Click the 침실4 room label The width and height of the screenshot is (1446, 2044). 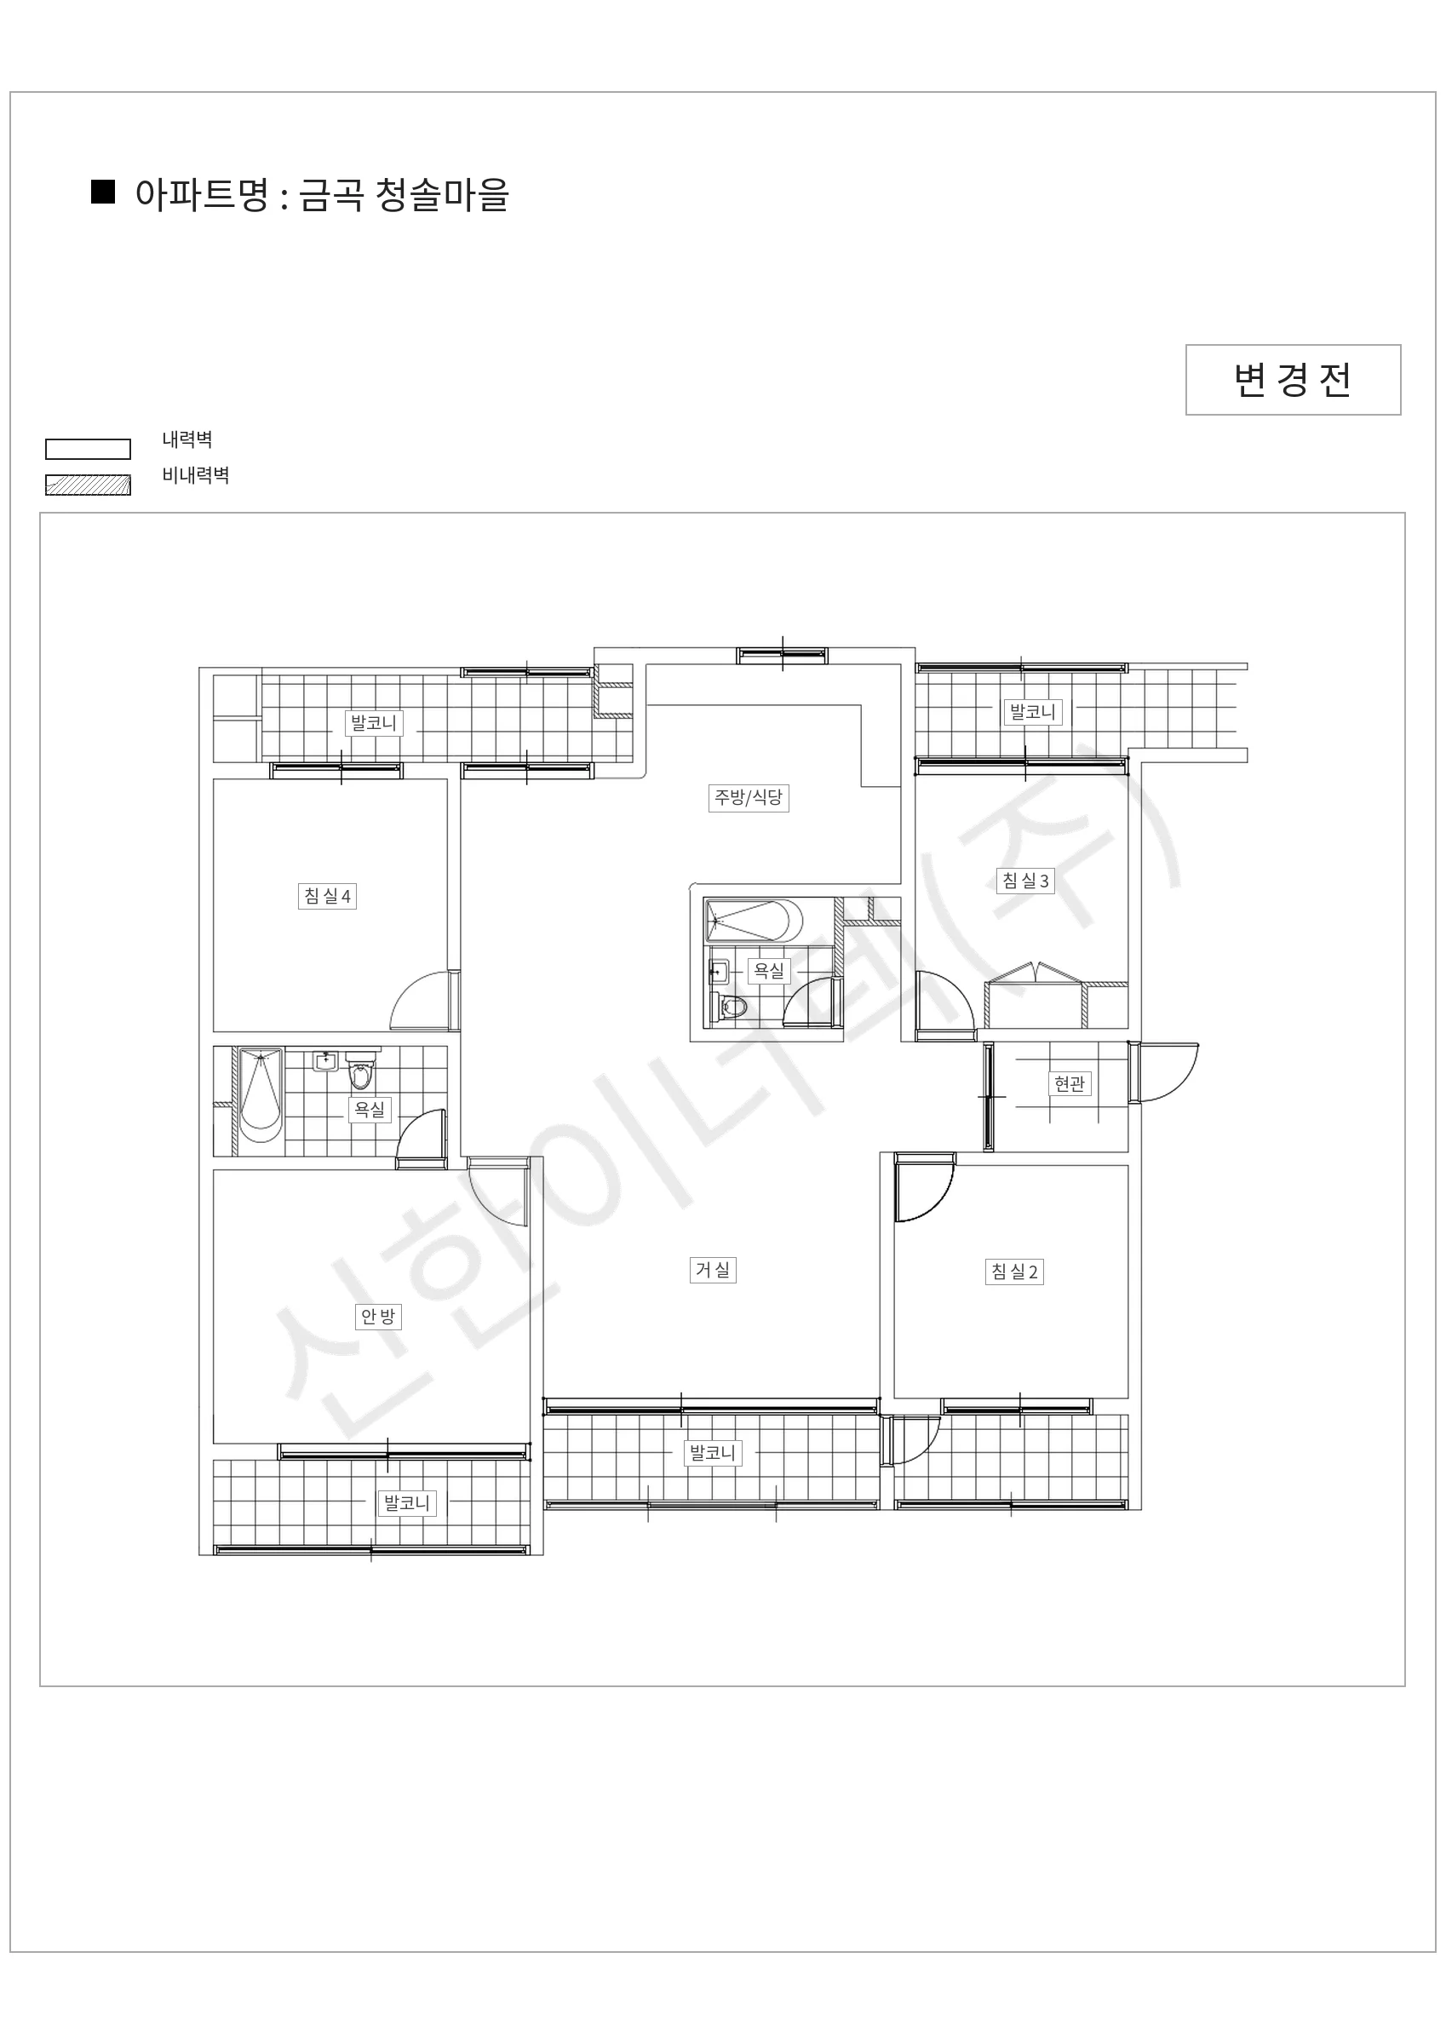(328, 896)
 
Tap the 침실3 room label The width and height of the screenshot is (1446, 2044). (1025, 881)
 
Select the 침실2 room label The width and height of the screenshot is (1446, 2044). (1015, 1272)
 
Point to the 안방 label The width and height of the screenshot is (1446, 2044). (377, 1316)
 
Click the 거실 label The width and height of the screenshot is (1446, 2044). (712, 1270)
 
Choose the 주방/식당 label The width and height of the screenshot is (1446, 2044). (748, 797)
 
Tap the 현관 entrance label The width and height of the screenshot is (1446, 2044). (1070, 1083)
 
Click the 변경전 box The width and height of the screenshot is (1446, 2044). (1293, 380)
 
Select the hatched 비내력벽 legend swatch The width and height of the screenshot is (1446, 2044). (89, 485)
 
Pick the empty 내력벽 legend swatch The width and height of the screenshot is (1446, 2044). (89, 449)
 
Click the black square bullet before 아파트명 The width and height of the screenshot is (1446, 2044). (103, 192)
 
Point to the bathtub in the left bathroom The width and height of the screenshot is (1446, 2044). (260, 1095)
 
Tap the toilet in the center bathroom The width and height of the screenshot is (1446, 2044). (732, 1008)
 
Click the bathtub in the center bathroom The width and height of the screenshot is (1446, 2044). (754, 921)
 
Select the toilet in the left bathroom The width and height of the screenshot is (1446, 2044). (359, 1071)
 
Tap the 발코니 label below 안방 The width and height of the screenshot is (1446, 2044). (407, 1502)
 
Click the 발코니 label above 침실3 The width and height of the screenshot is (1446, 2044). (1033, 711)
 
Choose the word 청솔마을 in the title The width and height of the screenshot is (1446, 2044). (442, 194)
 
